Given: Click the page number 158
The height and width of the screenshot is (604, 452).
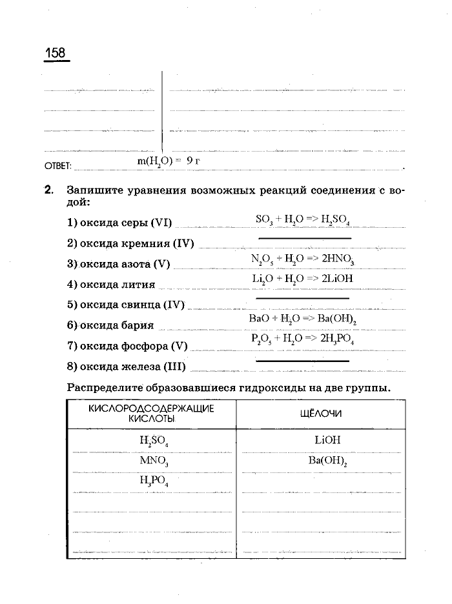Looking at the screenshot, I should (x=56, y=53).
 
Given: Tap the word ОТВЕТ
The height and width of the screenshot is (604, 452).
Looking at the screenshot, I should (x=57, y=166).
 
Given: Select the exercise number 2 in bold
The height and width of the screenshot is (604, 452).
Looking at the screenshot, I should (x=48, y=191).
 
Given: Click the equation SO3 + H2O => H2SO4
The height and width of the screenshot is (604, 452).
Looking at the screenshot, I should (x=302, y=221).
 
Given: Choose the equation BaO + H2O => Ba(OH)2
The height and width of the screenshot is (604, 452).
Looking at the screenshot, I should (x=303, y=319).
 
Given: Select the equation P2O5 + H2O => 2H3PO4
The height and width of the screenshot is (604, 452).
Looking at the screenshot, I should (x=303, y=339).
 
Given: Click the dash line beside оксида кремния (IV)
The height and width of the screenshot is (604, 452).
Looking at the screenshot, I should (x=302, y=239).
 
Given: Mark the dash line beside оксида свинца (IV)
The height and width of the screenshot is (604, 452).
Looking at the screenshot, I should (x=302, y=299).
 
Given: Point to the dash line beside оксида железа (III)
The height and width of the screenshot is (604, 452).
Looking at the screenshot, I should (x=302, y=361).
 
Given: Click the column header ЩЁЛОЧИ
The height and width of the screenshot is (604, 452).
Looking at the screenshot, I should (x=321, y=414).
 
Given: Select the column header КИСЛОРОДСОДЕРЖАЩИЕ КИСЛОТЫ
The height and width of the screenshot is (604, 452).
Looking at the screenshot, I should (x=151, y=414).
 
